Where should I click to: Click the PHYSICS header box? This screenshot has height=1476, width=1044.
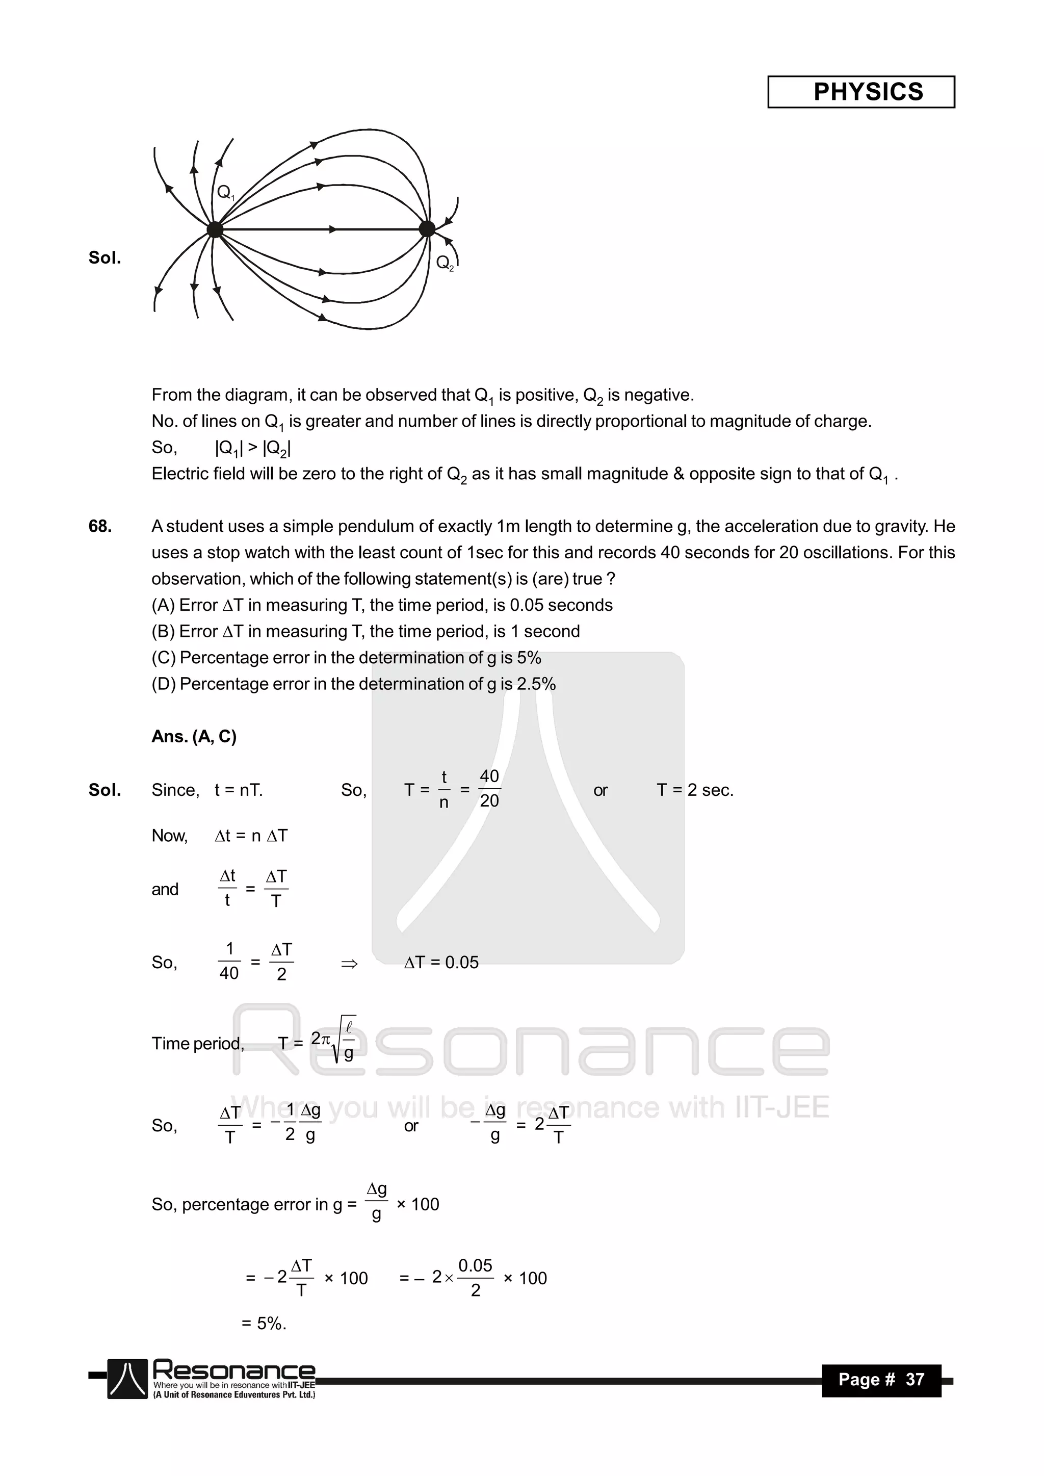coord(861,92)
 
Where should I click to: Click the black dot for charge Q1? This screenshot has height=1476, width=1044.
coord(215,229)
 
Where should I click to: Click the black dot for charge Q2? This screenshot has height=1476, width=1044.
coord(426,228)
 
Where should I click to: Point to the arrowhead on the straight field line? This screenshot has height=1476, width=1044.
coord(333,229)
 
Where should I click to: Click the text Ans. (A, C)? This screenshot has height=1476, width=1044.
coord(194,736)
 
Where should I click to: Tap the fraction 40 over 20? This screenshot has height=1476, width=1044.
coord(489,789)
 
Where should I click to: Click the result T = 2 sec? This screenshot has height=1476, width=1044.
coord(695,790)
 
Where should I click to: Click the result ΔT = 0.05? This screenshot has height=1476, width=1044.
coord(441,963)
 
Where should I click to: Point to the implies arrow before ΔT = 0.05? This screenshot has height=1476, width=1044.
coord(349,963)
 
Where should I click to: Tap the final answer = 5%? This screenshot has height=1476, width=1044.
coord(264,1323)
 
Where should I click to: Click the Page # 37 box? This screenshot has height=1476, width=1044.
coord(881,1380)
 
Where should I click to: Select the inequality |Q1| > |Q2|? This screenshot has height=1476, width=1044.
coord(253,448)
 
